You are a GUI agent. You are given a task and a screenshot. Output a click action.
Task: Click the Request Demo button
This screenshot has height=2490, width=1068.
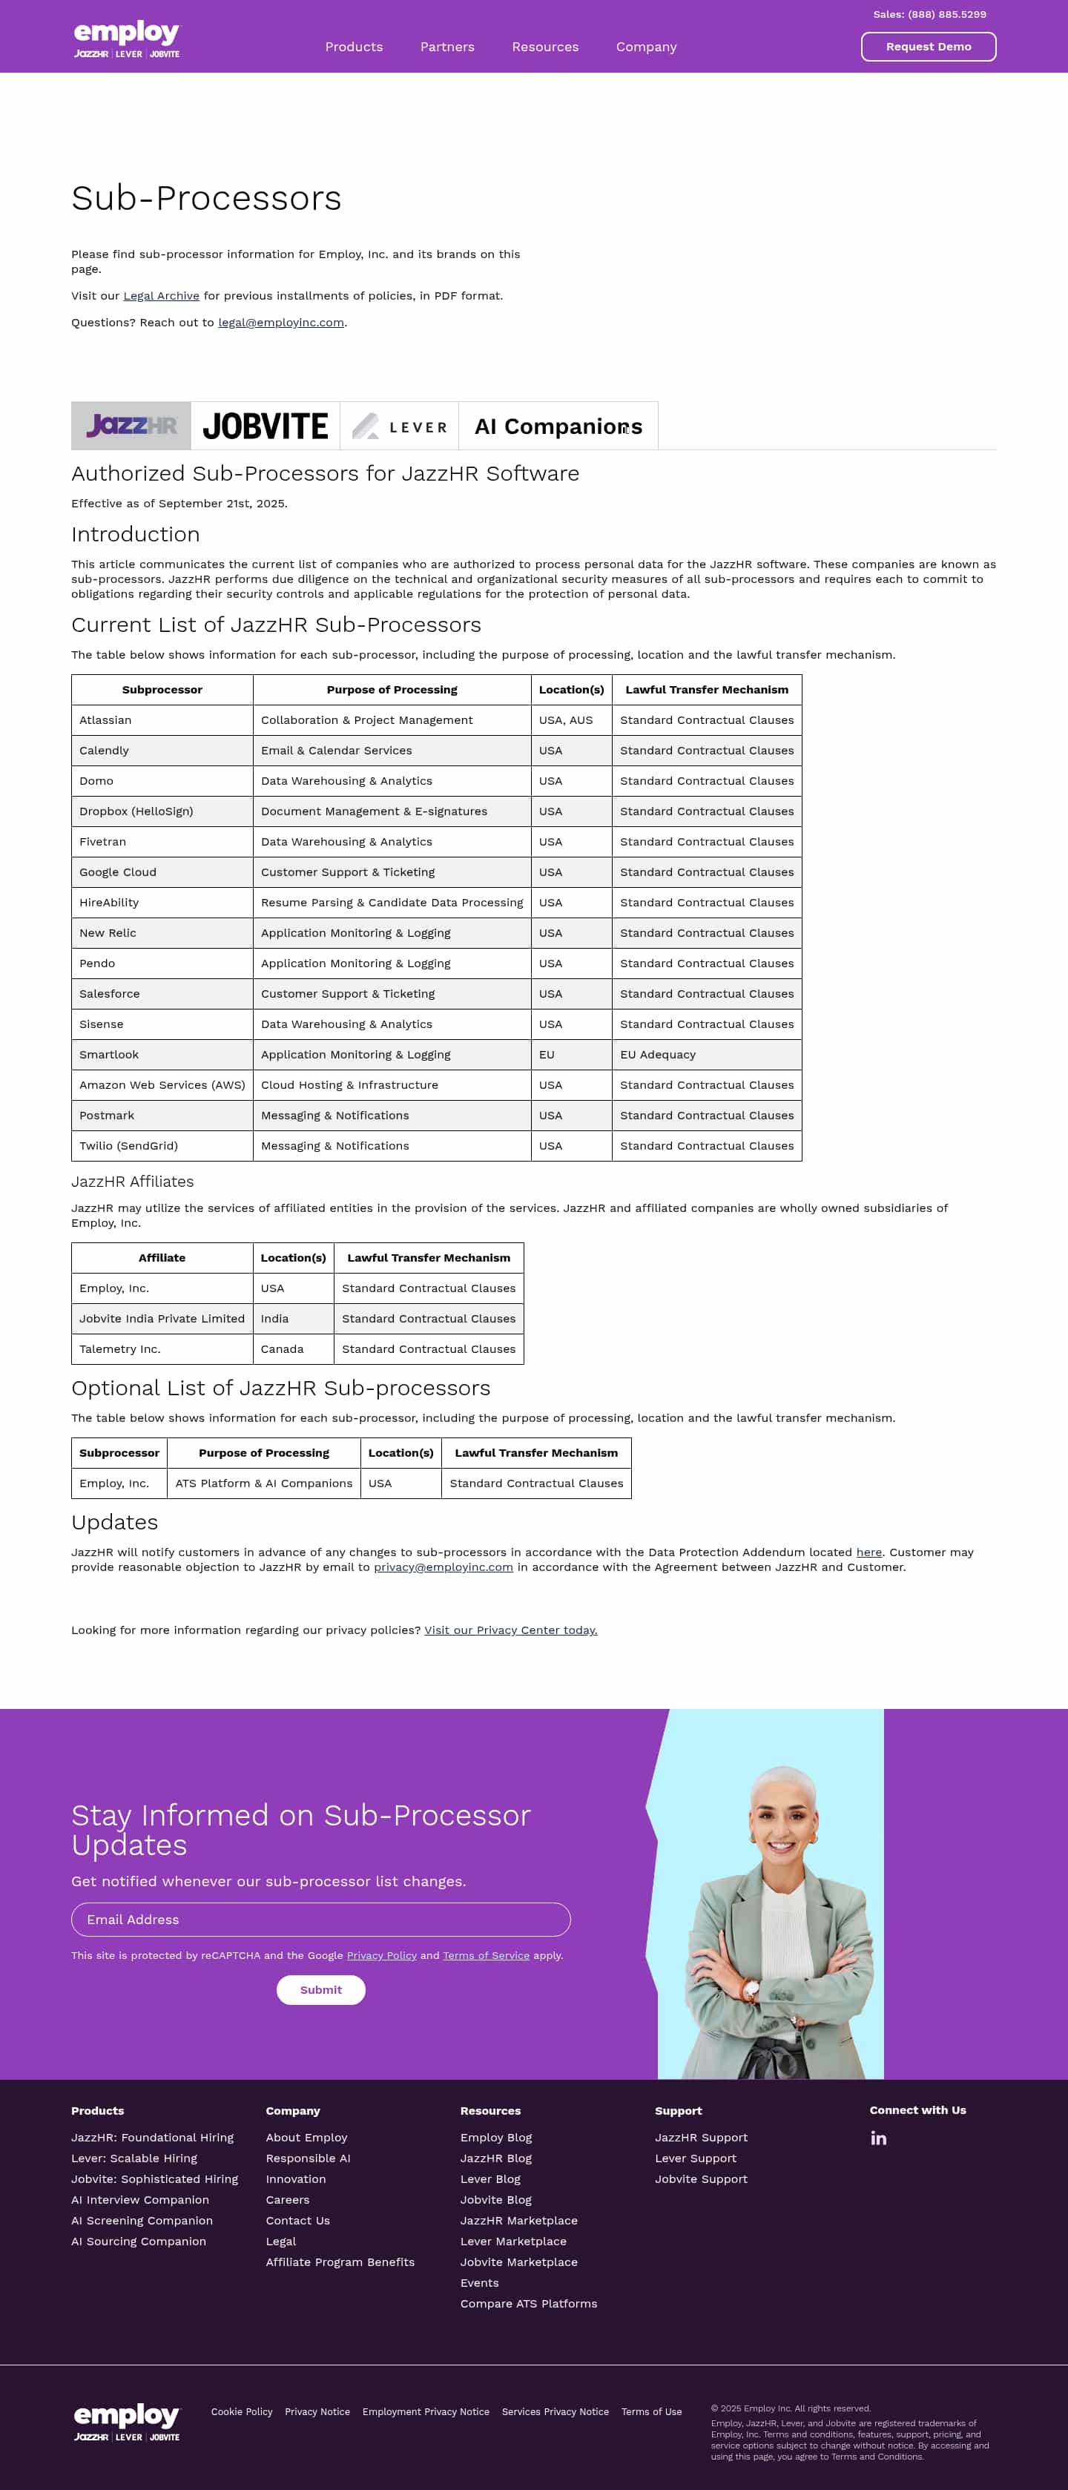(928, 47)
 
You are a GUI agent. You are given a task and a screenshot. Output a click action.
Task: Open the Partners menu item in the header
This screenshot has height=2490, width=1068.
(446, 47)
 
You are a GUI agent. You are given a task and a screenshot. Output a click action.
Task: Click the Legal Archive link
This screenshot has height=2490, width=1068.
(162, 296)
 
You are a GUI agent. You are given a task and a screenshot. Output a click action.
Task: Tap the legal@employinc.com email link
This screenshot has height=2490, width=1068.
(280, 323)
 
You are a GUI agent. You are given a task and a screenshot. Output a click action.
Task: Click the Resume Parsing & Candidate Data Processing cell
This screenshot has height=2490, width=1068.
(392, 903)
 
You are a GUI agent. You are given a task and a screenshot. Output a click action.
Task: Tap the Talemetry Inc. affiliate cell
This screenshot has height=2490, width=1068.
(120, 1349)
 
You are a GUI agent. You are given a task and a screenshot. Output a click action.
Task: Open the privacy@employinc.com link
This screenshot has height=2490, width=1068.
(443, 1567)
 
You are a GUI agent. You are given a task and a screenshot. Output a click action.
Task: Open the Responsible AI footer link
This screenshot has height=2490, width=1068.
(307, 2158)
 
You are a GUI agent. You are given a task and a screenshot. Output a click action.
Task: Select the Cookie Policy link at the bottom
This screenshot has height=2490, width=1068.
(242, 2411)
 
